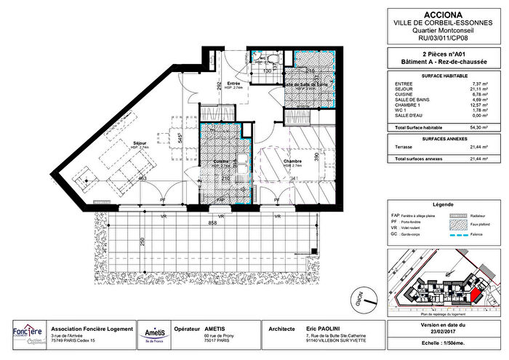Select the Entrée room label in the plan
click(x=234, y=84)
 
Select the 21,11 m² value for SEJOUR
click(x=476, y=90)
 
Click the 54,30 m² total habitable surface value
click(x=476, y=127)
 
